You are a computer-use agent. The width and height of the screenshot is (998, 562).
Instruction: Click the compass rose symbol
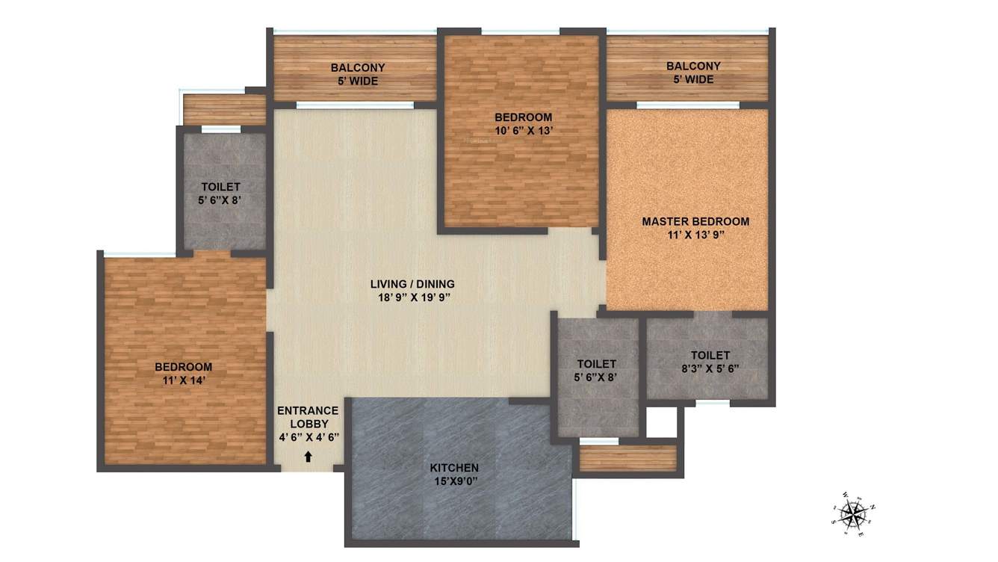click(852, 514)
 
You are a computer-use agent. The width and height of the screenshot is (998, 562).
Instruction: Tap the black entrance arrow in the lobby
click(308, 457)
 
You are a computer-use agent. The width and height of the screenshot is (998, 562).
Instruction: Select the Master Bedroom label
click(695, 221)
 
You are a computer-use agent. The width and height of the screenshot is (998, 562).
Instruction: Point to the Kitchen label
click(454, 468)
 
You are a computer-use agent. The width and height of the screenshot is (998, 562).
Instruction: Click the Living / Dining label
click(412, 284)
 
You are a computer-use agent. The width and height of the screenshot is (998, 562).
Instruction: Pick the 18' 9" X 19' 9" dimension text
click(412, 297)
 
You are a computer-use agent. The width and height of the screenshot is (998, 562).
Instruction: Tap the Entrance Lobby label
click(308, 417)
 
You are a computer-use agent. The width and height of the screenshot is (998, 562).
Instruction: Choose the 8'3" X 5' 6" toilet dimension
click(710, 368)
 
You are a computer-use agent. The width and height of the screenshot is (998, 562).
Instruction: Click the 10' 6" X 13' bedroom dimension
click(523, 130)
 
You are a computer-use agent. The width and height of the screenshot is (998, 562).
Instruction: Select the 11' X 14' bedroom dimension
click(183, 380)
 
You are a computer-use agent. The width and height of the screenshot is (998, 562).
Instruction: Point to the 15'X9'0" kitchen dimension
click(453, 481)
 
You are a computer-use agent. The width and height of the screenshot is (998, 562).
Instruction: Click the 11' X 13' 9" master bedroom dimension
click(695, 235)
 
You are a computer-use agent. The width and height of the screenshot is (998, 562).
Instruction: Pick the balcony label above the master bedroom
click(693, 67)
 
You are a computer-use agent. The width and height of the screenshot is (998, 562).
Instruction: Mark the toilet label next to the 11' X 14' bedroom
click(221, 187)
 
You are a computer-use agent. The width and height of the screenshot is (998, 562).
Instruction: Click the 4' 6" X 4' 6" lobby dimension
click(308, 437)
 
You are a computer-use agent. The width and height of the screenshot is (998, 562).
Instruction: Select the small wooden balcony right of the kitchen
click(627, 458)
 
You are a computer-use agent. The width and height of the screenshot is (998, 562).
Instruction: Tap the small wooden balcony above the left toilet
click(224, 110)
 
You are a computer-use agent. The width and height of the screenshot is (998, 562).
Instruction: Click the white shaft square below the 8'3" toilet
click(661, 422)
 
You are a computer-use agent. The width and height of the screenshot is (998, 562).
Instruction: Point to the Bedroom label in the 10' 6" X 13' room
click(523, 117)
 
